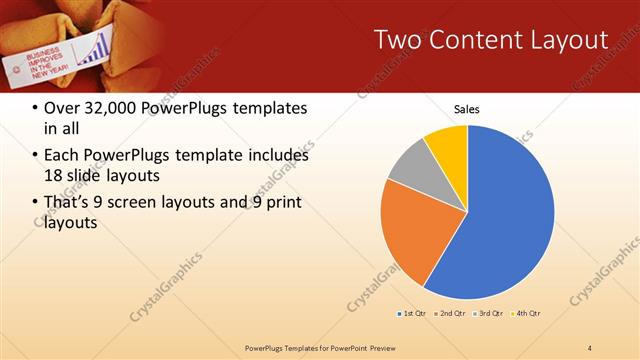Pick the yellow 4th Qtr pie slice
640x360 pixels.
[448, 145]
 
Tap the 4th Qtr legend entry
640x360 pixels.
[526, 315]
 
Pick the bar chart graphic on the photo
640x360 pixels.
[97, 46]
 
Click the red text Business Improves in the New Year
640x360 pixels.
[46, 62]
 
